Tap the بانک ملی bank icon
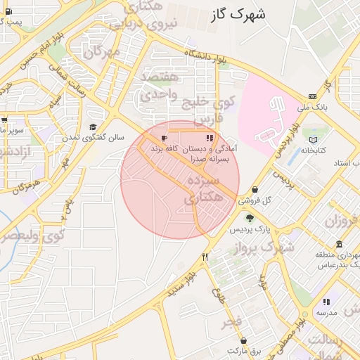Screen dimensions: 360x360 311,97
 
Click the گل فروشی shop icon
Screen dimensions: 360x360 254,190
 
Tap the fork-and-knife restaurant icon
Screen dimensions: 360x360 205,257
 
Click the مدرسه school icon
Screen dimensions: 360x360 326,302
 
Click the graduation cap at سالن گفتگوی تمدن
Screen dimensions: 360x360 93,127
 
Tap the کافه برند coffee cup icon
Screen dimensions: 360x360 164,138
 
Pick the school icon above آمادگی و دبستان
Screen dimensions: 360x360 209,138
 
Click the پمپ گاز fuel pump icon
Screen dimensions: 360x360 6,12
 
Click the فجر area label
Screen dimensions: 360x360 232,322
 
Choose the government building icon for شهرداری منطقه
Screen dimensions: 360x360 339,245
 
